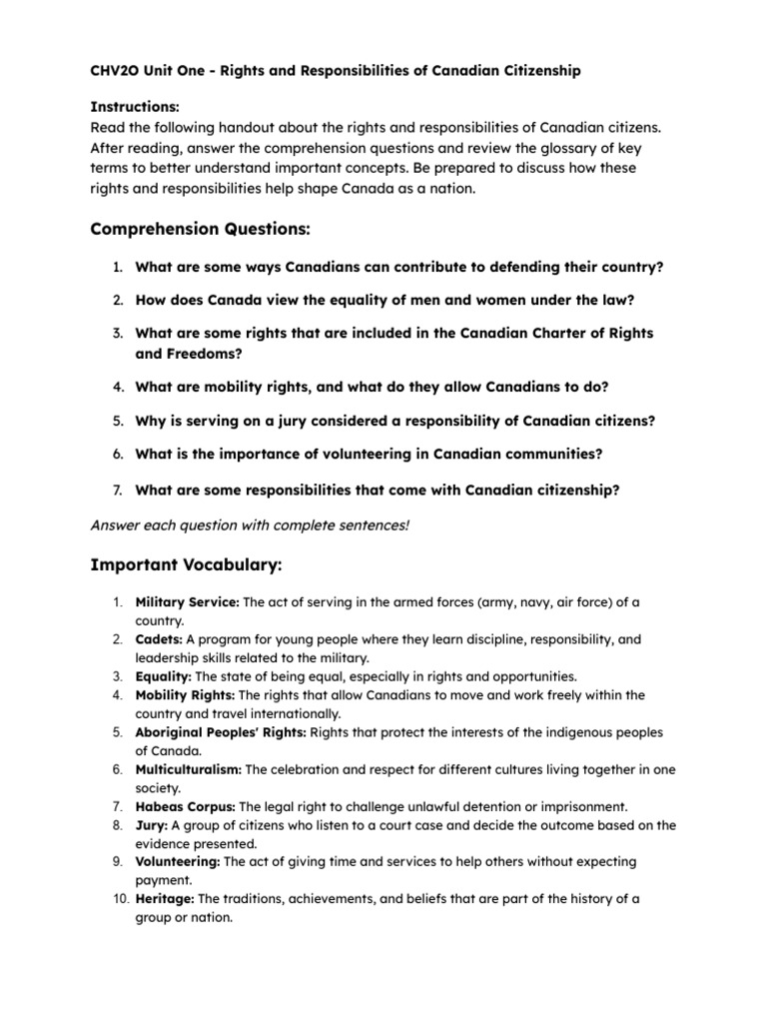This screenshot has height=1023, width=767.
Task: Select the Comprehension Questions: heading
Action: click(200, 230)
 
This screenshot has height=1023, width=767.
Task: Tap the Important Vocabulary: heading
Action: click(187, 566)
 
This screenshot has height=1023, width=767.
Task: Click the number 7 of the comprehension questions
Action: click(116, 490)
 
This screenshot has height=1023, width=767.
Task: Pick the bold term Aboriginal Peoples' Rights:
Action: click(222, 732)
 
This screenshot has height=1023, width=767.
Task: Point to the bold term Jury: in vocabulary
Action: click(152, 825)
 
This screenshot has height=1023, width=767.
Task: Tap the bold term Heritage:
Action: click(166, 899)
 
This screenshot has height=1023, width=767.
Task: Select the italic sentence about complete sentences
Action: click(250, 525)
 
